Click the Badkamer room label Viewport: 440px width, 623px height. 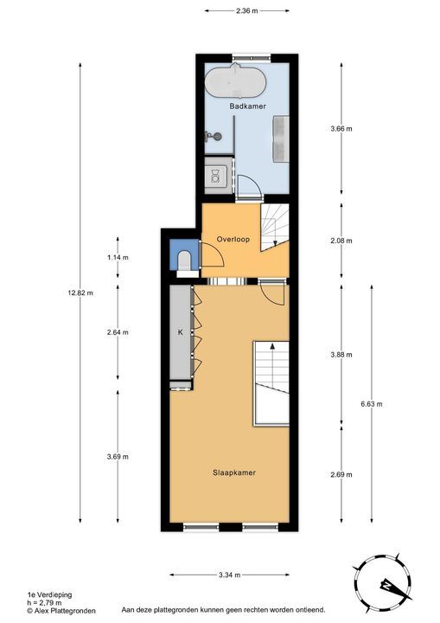tap(247, 106)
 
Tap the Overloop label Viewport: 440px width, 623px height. tap(233, 238)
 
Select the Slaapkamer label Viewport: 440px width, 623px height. tap(233, 472)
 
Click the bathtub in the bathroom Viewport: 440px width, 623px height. tap(236, 84)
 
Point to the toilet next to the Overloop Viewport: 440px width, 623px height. tap(184, 259)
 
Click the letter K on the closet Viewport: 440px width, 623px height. tap(181, 331)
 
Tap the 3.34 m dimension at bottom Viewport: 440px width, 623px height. tap(228, 575)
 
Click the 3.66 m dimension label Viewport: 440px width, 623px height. tap(342, 128)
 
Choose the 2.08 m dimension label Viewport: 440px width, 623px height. tap(342, 241)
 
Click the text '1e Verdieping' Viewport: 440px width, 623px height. tap(25, 595)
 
